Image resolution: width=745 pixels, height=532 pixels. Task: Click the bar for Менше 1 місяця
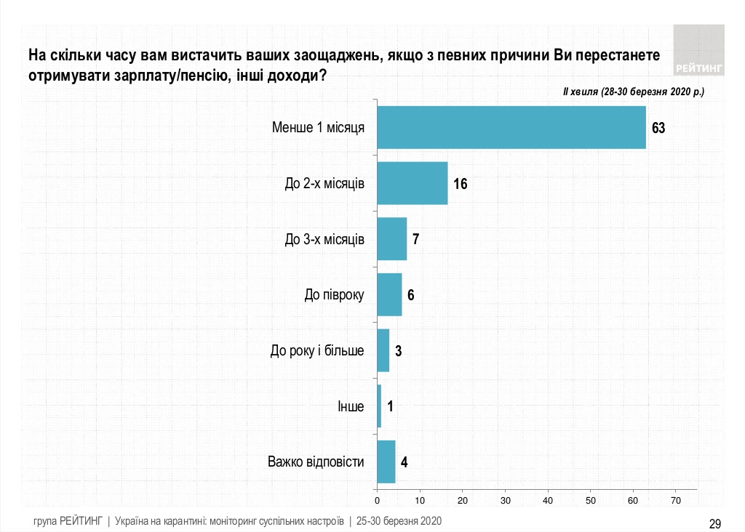[511, 127]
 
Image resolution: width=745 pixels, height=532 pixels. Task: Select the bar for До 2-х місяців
[413, 183]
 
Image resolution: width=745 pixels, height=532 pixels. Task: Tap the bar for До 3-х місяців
[392, 239]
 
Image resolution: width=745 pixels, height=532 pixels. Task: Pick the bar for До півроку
[390, 294]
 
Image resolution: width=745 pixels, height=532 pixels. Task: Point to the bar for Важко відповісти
[386, 462]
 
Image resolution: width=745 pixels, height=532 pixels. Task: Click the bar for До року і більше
[383, 350]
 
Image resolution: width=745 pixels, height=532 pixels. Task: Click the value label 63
[658, 128]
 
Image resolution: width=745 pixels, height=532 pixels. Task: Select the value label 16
[460, 184]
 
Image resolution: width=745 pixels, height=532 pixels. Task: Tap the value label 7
[416, 239]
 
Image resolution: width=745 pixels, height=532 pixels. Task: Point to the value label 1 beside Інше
[391, 406]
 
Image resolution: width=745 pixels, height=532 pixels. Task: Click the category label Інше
[351, 406]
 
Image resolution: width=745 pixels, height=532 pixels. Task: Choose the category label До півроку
[334, 295]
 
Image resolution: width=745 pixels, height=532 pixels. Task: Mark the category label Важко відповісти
[316, 462]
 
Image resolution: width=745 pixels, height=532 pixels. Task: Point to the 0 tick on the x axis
[378, 501]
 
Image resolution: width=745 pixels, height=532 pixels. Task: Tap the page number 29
[714, 523]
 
